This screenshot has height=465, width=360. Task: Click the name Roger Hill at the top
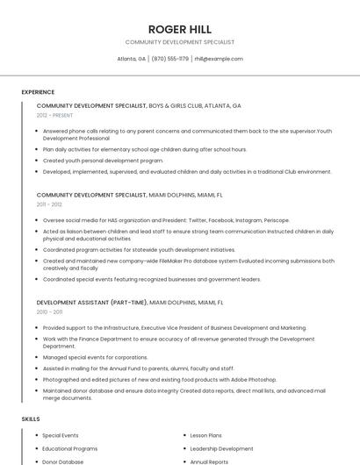tap(179, 29)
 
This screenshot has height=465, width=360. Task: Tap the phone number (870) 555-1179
tap(169, 59)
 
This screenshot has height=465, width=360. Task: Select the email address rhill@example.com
tap(219, 59)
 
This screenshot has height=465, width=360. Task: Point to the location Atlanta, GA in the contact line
tap(132, 59)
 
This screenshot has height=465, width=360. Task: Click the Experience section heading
tap(38, 92)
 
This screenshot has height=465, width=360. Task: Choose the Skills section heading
tap(31, 419)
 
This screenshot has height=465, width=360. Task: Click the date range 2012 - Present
tap(55, 115)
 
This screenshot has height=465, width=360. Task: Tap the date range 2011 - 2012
tap(49, 204)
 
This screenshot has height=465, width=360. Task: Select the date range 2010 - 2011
tap(49, 311)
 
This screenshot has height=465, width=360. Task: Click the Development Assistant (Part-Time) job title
tap(91, 302)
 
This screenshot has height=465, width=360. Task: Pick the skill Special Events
tap(61, 435)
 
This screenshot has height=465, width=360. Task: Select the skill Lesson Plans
tap(206, 435)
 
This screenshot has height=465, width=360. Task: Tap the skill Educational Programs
tap(70, 448)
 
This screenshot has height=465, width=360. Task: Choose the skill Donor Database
tap(63, 461)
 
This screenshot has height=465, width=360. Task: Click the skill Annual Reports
tap(209, 461)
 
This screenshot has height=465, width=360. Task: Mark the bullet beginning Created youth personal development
tap(103, 161)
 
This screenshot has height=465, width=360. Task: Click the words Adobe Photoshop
tap(256, 379)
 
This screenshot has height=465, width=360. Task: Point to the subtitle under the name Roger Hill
tap(179, 42)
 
